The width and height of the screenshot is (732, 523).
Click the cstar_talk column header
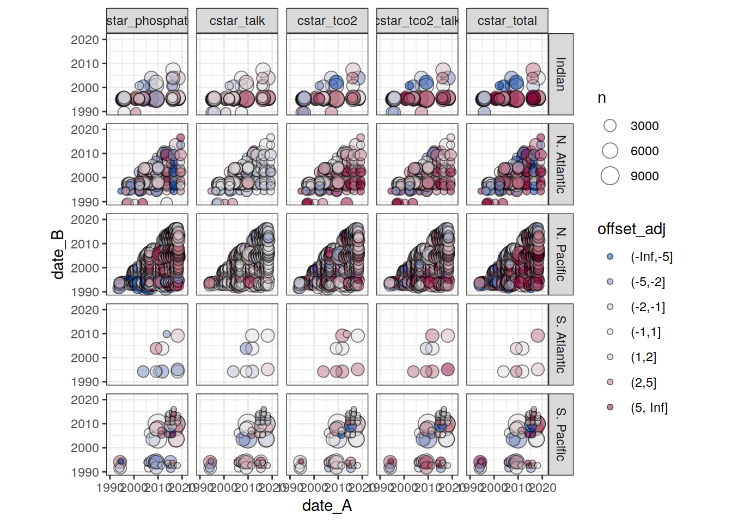[237, 21]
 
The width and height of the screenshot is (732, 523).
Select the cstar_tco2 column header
[327, 21]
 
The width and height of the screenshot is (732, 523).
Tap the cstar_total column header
[507, 21]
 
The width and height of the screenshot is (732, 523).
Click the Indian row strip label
[560, 74]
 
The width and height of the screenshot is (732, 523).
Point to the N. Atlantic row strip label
[560, 164]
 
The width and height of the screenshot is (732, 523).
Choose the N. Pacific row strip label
[560, 254]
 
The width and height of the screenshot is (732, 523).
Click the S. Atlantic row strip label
[560, 344]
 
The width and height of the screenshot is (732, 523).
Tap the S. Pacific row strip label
[560, 434]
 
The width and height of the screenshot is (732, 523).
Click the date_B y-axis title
[58, 254]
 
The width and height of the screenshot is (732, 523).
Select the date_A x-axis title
[327, 506]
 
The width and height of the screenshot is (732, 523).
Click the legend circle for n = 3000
[610, 126]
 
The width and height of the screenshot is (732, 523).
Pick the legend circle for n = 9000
[610, 176]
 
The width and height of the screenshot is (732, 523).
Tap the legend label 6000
[644, 151]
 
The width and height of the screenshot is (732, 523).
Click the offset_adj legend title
[631, 229]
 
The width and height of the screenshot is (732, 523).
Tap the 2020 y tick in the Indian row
[85, 40]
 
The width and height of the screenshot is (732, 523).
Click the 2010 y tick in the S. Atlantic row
[85, 334]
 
